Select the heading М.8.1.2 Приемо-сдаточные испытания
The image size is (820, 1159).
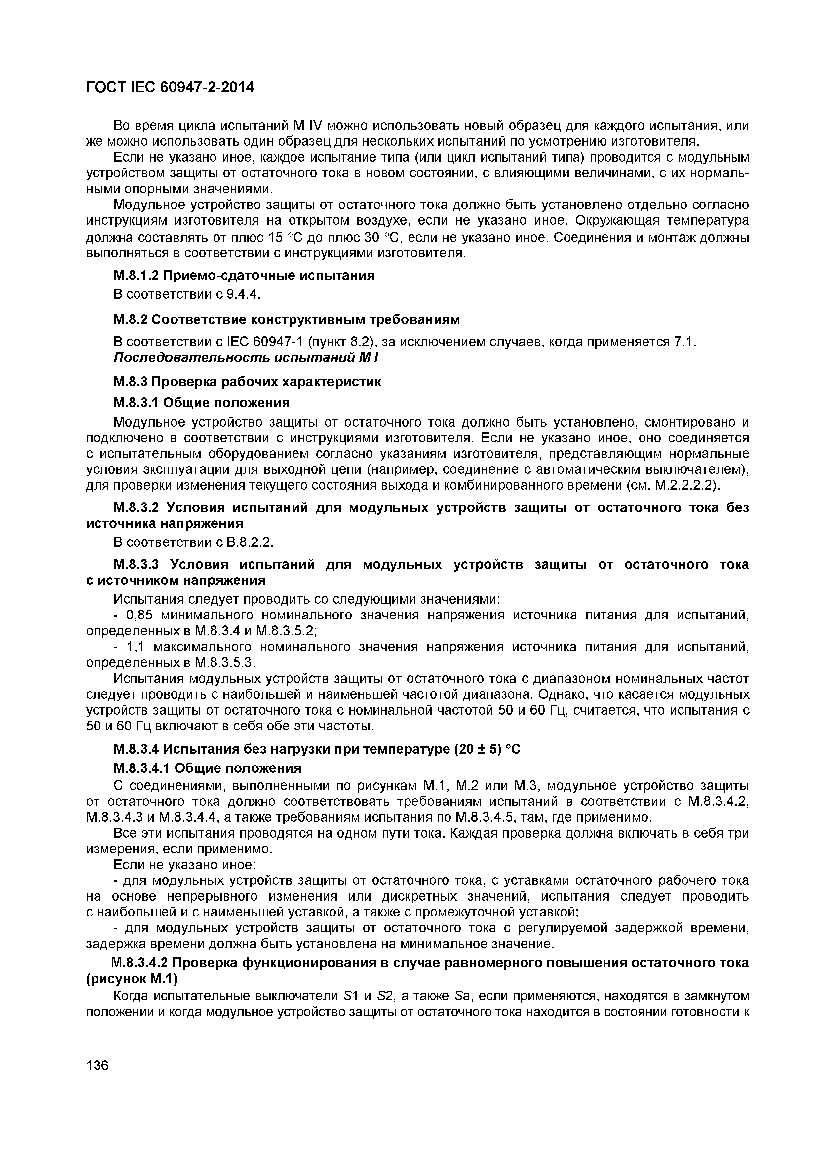tap(244, 275)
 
